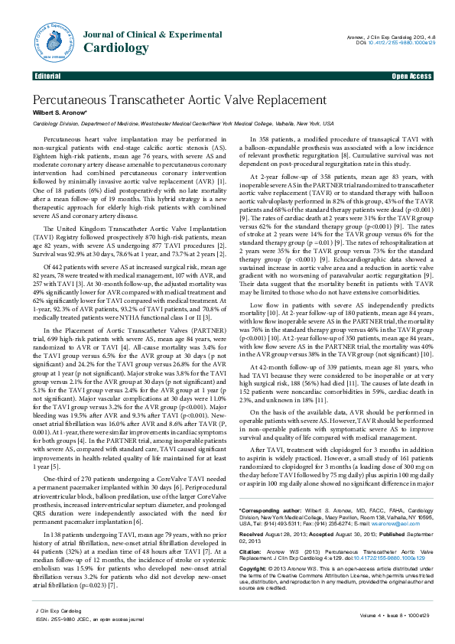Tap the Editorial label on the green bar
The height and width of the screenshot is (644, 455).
[47, 76]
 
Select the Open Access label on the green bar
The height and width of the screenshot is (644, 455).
[411, 76]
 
